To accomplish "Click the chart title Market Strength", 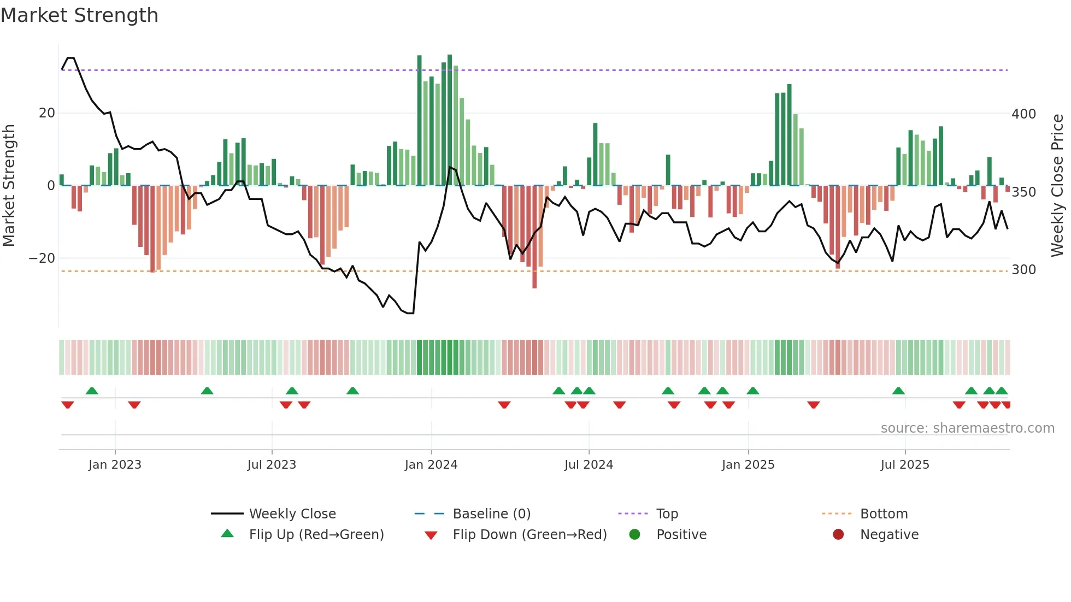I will [x=79, y=15].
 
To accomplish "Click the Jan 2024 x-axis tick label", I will [x=431, y=465].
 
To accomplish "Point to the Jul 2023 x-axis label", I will [x=272, y=465].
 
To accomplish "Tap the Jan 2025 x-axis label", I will [x=748, y=465].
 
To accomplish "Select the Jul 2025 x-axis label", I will [x=904, y=465].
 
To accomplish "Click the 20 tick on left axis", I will [x=47, y=113].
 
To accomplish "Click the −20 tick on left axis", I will [x=42, y=258].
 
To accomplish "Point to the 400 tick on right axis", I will [x=1023, y=114].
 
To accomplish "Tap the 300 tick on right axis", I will [x=1023, y=270].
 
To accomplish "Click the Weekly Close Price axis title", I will [x=1057, y=186].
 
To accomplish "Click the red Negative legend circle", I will [x=838, y=534].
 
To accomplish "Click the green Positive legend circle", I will [x=634, y=534].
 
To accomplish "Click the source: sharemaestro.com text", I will [x=967, y=428].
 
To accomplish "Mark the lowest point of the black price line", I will [x=410, y=314].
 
